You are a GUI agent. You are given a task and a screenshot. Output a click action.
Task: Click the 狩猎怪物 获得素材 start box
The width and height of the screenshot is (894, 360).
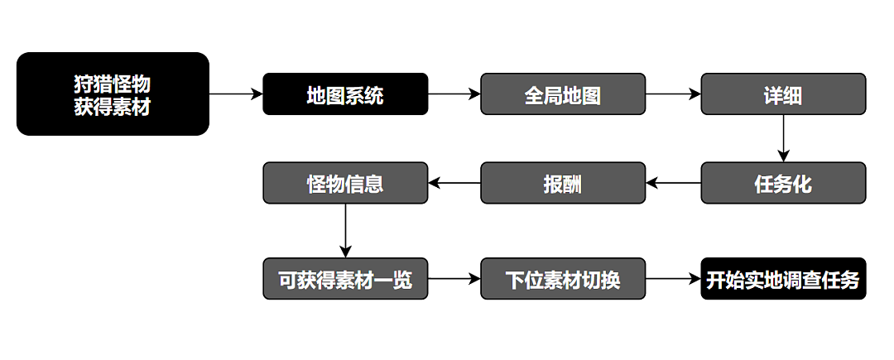point(113,94)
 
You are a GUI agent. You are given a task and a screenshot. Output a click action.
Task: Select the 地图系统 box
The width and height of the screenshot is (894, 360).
point(345,94)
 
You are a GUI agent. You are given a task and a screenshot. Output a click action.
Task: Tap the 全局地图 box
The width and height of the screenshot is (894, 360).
point(563,94)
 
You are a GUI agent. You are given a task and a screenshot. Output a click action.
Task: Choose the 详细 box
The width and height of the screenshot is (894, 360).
point(783,94)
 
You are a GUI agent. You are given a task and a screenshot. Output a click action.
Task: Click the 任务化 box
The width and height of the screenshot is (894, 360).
point(783,183)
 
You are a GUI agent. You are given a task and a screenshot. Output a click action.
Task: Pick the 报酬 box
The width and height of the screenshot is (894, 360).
point(563,183)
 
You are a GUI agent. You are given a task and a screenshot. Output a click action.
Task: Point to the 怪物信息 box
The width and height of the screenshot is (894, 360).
point(345,183)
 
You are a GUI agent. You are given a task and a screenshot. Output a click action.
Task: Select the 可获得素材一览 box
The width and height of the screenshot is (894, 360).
point(345,279)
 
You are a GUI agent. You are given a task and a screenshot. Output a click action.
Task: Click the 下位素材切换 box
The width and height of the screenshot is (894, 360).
point(563,279)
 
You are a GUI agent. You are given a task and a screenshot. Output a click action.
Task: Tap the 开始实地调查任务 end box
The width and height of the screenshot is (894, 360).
point(783,279)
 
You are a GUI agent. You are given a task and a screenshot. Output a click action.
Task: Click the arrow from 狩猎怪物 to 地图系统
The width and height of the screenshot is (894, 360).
point(236,94)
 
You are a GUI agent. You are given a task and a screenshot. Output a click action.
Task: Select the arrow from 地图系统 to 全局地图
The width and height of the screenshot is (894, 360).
point(454,94)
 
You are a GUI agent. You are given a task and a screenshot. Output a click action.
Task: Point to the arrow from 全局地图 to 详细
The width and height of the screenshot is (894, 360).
point(673,94)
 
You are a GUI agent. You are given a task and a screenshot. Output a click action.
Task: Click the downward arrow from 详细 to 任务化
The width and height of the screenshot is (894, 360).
point(783,138)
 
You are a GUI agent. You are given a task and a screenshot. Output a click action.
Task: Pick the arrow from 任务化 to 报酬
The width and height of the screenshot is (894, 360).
point(673,183)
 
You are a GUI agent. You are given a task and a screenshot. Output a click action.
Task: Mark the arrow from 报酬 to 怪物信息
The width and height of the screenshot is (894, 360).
point(454,183)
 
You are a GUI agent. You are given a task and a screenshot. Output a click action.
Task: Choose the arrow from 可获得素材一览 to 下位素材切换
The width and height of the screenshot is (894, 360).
point(454,279)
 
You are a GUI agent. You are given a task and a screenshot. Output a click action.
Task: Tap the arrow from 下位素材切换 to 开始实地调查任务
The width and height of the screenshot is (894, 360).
point(673,279)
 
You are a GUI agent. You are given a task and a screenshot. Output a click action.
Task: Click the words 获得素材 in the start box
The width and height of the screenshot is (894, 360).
point(113,106)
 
